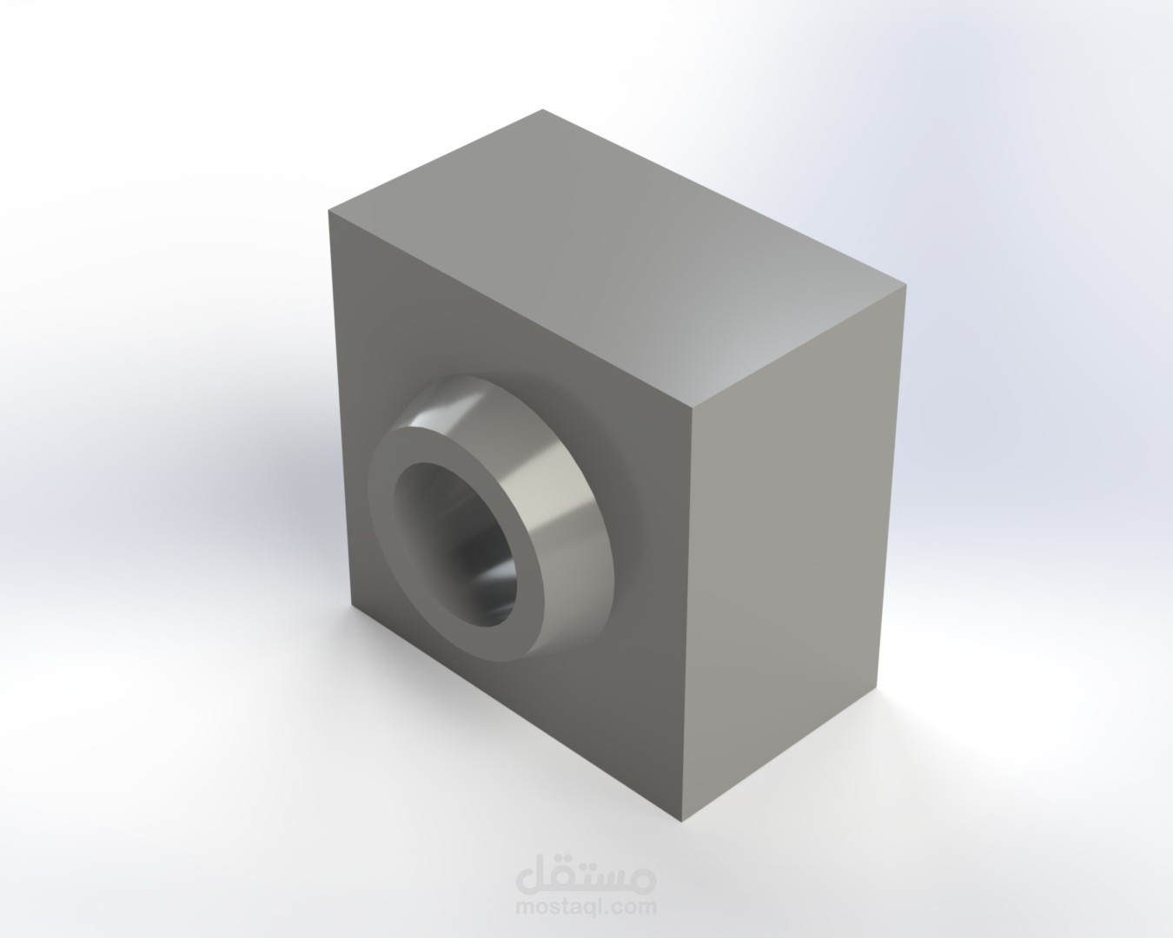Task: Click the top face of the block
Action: pos(616,257)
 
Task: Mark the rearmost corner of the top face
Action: pos(542,109)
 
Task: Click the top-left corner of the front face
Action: pos(328,211)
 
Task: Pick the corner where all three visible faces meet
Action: pos(692,406)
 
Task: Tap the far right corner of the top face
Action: pos(906,285)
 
